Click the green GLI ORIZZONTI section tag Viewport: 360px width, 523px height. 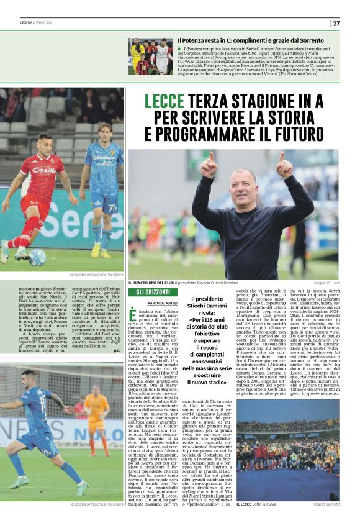148,292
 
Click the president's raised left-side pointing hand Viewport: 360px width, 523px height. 209,165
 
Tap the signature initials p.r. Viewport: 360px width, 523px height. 117,351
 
